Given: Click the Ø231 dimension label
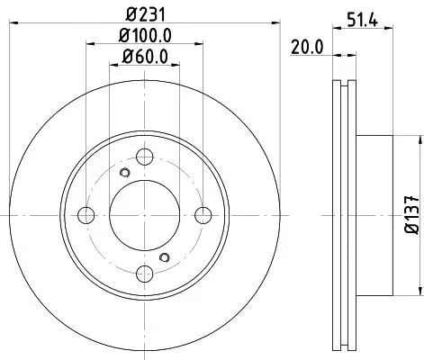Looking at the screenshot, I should (144, 15).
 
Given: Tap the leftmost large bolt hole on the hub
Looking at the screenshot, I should (86, 215).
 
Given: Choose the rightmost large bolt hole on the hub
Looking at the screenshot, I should (203, 215).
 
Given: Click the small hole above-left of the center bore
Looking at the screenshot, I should (125, 173).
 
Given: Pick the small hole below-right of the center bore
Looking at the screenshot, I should (163, 257).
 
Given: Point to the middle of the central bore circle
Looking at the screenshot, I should (144, 215).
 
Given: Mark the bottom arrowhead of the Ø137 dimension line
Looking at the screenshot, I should (417, 292).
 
